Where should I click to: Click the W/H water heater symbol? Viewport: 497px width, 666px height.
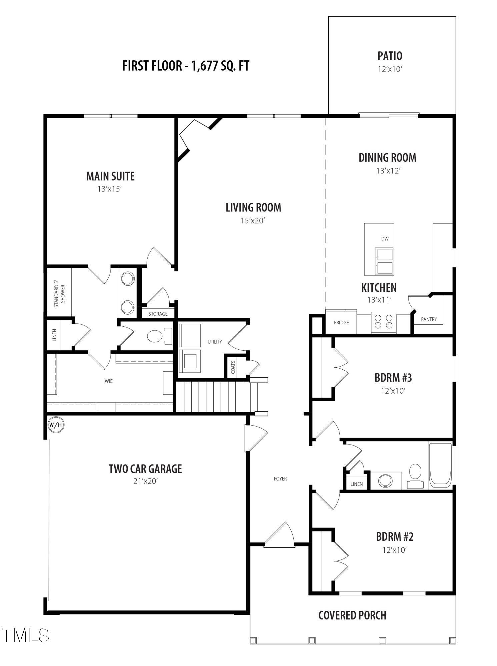[x=56, y=425]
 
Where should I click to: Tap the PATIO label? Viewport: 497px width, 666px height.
[x=390, y=56]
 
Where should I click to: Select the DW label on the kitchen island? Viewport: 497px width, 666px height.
[x=385, y=239]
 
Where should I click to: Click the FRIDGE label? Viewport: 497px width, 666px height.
[x=341, y=322]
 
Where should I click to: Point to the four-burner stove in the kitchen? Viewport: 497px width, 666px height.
[x=383, y=322]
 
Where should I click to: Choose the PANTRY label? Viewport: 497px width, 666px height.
[x=429, y=319]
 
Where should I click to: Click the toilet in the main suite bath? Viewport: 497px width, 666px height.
[x=160, y=336]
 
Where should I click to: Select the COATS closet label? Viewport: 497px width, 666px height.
[x=233, y=367]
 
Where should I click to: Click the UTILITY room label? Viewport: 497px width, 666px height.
[x=215, y=342]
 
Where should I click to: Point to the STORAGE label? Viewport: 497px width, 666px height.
[x=158, y=314]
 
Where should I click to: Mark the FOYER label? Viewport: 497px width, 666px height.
[x=280, y=479]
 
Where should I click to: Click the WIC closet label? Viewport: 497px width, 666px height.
[x=109, y=381]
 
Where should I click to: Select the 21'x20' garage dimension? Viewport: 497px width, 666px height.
[x=145, y=481]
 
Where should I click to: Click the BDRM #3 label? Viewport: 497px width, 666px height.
[x=393, y=378]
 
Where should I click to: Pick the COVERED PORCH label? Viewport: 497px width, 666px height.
[x=352, y=615]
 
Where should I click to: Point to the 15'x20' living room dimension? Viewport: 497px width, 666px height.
[x=253, y=220]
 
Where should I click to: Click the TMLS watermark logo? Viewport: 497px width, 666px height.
[x=25, y=635]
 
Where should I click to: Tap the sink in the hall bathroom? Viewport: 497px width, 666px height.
[x=386, y=481]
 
